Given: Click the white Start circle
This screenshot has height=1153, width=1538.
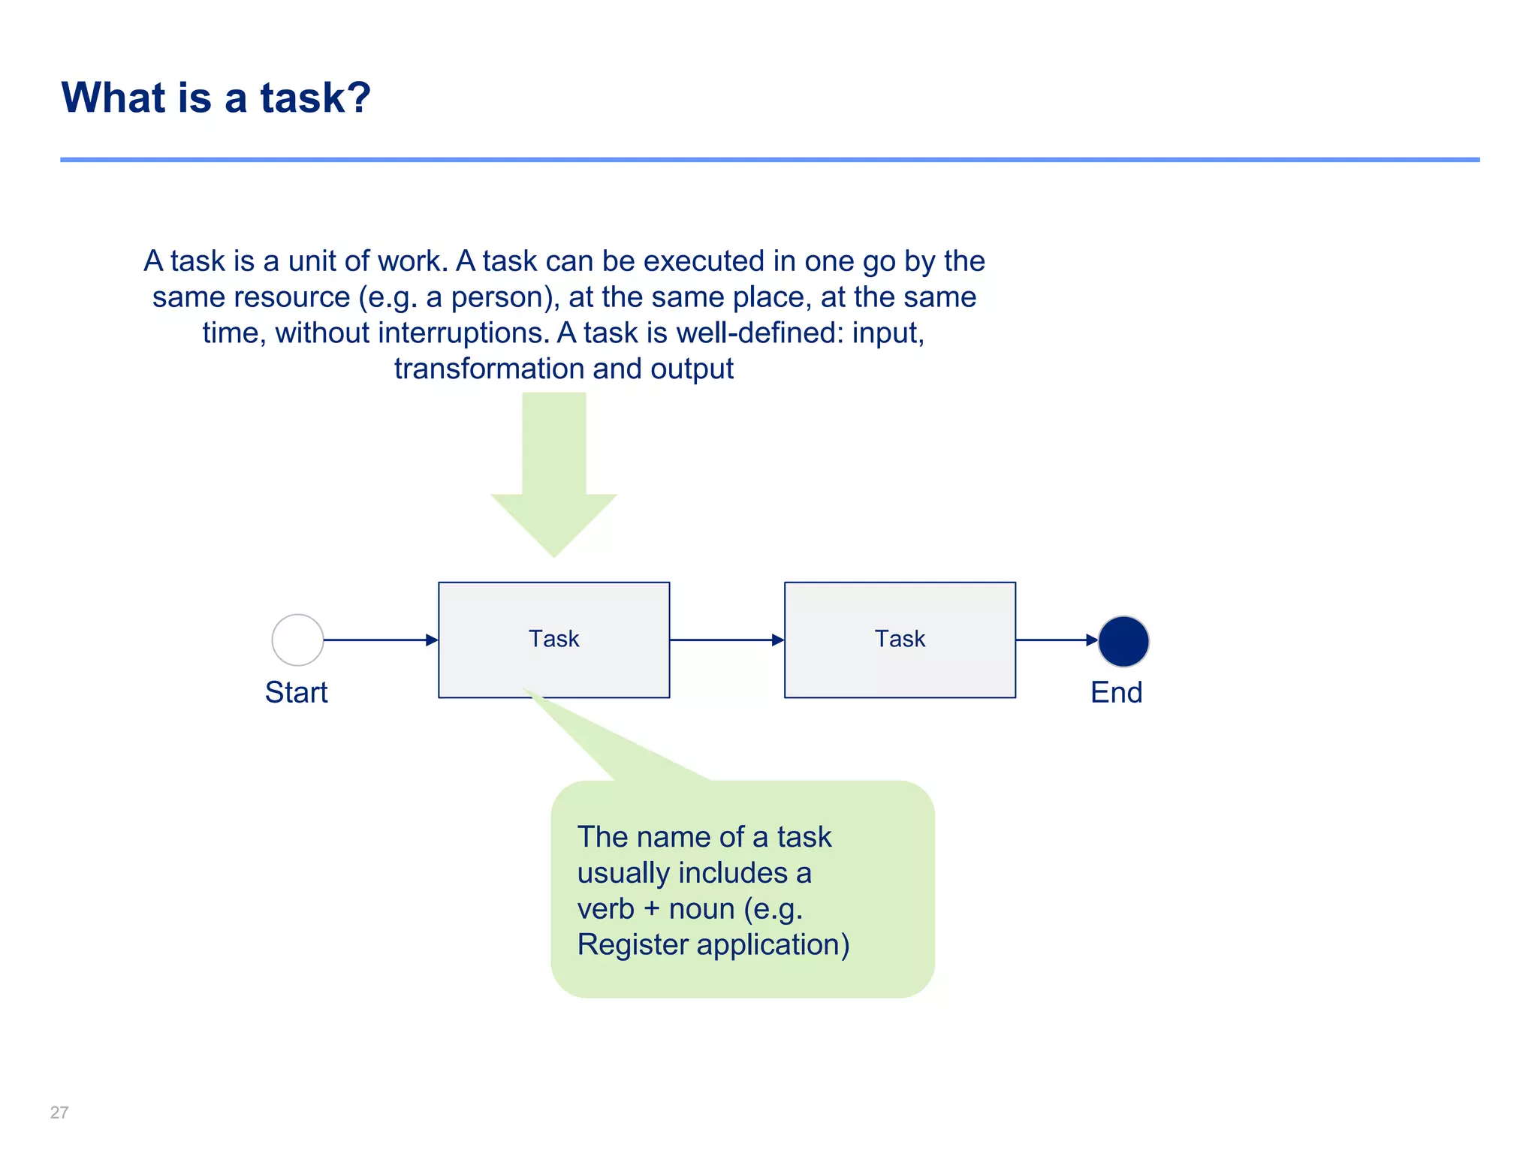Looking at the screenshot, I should coord(297,640).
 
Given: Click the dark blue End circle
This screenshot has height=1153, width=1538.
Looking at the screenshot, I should coord(1123,642).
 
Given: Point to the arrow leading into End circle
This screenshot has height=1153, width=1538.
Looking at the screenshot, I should coord(1056,640).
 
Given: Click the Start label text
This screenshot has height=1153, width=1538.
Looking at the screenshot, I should coord(296,692).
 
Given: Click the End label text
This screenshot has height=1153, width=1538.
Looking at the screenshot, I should coord(1116,692).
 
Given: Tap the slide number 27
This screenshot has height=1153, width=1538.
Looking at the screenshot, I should coord(59,1112).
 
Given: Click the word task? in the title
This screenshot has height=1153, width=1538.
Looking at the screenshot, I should coord(315,98).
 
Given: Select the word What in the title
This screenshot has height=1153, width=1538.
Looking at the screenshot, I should coord(113,98).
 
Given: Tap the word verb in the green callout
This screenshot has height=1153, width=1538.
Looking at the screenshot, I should coord(605,908).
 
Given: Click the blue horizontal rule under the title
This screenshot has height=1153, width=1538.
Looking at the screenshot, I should coord(769,160).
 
